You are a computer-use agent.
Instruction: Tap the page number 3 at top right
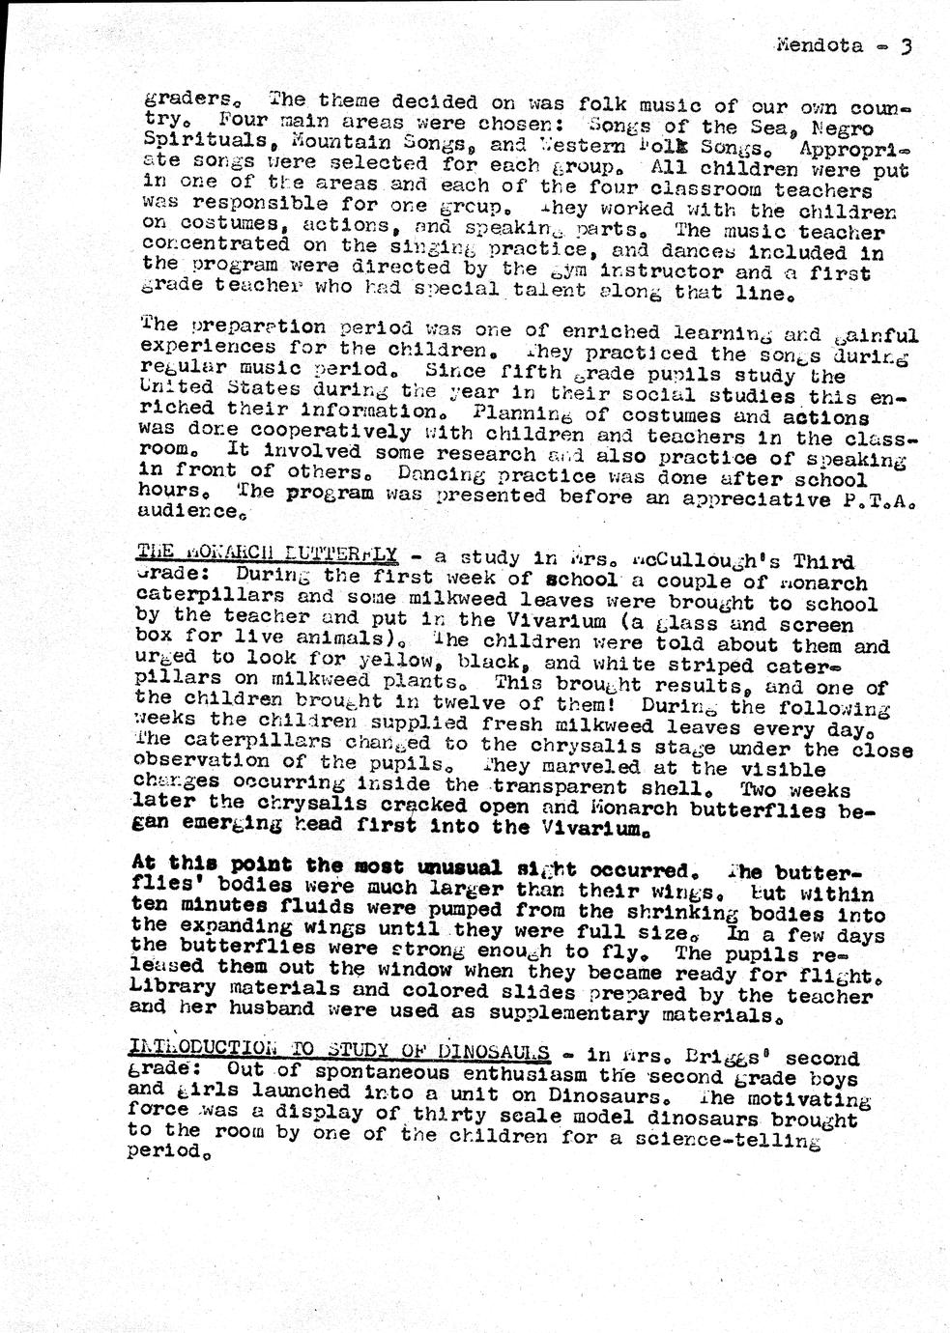(906, 45)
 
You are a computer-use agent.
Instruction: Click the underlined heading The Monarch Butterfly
(267, 554)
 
